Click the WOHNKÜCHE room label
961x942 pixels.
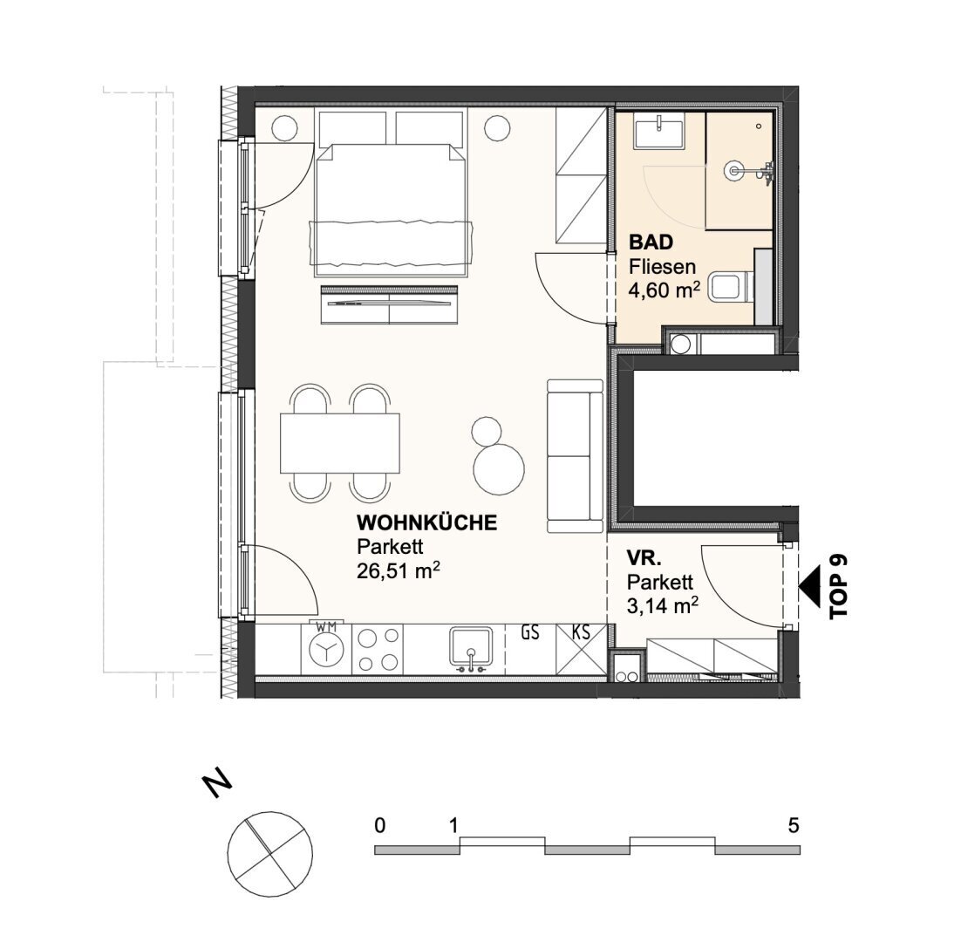tap(426, 522)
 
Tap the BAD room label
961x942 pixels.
tap(651, 242)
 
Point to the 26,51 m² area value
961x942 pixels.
tap(399, 571)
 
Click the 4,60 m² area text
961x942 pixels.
tap(665, 290)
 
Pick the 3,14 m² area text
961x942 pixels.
tap(662, 605)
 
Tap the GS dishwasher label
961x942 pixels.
tap(530, 632)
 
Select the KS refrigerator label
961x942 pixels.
tap(581, 632)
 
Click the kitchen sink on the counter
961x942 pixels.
tap(471, 648)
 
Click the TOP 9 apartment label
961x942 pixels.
tap(837, 586)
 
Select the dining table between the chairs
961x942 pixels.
tap(339, 443)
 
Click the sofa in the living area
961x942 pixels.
tap(576, 456)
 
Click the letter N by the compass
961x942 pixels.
tap(217, 784)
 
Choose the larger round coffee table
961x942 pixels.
tap(499, 468)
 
